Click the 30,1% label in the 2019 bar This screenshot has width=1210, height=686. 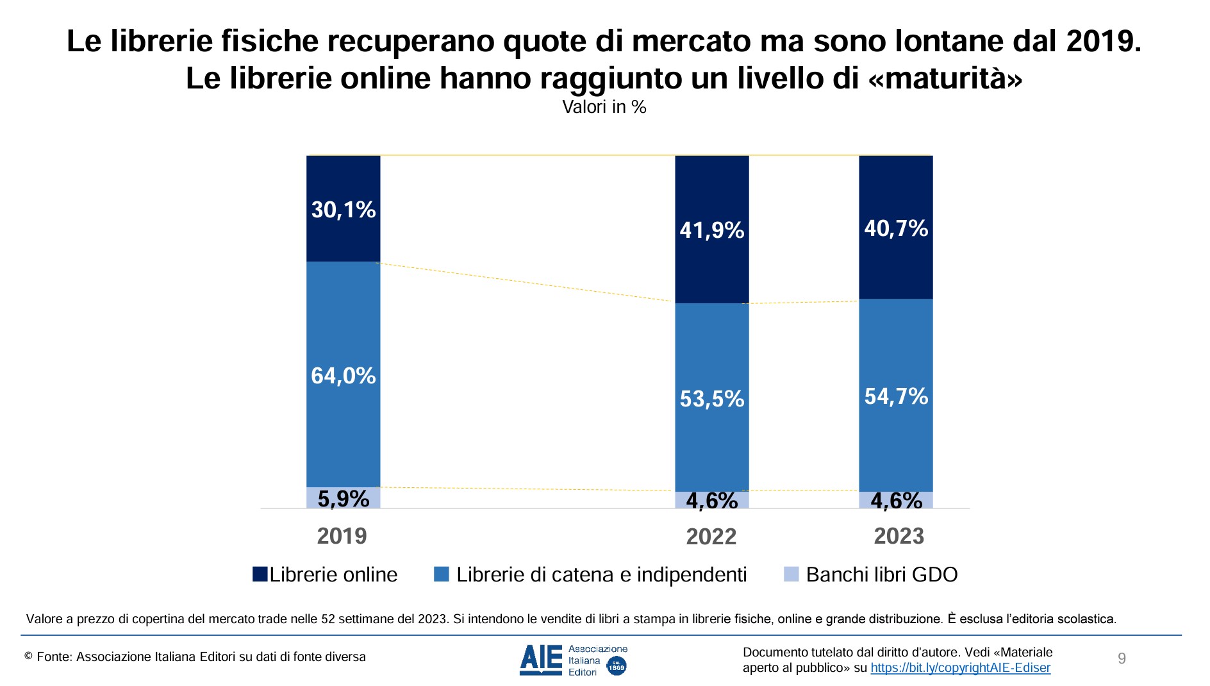[x=343, y=210]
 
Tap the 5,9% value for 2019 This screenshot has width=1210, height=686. [x=343, y=498]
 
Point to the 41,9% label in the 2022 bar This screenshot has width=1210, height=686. [x=711, y=230]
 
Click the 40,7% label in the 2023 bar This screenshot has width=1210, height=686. [x=895, y=228]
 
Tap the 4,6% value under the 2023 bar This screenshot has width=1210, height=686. [x=895, y=500]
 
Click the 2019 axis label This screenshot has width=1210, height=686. [x=342, y=536]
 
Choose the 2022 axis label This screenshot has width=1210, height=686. [x=711, y=537]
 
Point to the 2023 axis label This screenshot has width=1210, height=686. [x=899, y=536]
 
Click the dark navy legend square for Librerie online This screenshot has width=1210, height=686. [x=260, y=574]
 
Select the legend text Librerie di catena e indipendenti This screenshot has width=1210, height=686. [x=601, y=574]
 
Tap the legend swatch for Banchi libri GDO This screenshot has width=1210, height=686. [x=791, y=574]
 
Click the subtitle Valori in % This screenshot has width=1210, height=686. [x=604, y=106]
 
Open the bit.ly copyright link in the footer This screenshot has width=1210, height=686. [x=960, y=668]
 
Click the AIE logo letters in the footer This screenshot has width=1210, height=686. [x=540, y=660]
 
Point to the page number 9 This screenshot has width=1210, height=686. [x=1122, y=658]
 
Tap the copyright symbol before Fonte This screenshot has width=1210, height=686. [x=28, y=656]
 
